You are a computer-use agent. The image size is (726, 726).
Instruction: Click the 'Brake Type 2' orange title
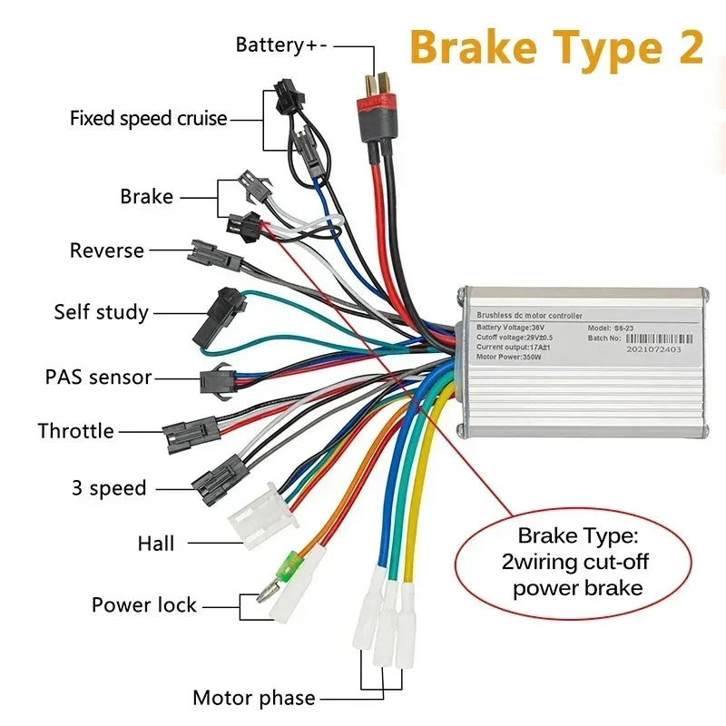556,47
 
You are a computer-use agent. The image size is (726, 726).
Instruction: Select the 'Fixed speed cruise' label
149,119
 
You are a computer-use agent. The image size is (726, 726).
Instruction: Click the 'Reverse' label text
107,250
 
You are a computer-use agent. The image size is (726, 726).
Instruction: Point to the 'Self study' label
101,312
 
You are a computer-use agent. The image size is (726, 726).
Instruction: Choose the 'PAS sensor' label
99,377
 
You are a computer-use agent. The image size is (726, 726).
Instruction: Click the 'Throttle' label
76,431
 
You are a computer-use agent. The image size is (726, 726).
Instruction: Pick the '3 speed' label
109,488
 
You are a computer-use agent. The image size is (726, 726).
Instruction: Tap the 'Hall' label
156,544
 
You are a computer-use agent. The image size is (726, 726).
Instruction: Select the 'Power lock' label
144,605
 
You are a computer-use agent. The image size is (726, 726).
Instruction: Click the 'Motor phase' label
254,698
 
